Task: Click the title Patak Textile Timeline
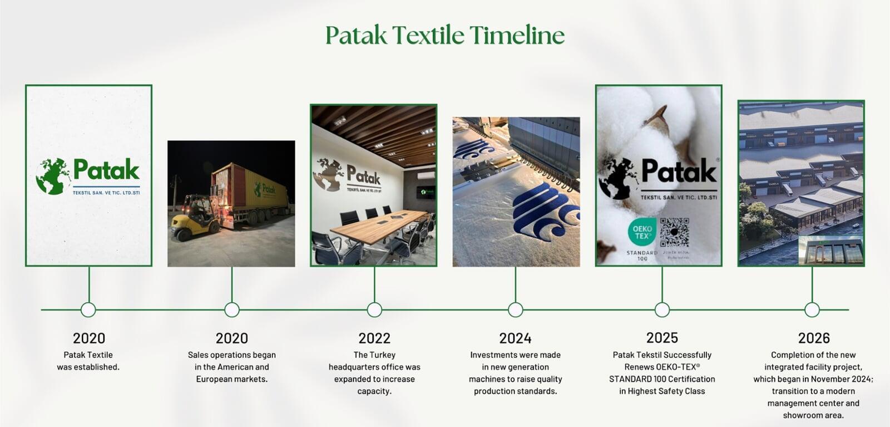click(444, 35)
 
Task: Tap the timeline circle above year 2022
click(374, 310)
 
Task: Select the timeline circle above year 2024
click(516, 310)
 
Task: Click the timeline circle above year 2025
click(662, 310)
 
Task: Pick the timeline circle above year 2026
click(812, 310)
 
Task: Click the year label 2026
click(813, 338)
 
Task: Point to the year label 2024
click(515, 338)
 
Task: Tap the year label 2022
click(374, 338)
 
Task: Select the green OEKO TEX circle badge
click(642, 233)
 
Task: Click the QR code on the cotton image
click(674, 233)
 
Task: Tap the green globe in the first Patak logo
click(53, 176)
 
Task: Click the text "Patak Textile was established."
click(88, 361)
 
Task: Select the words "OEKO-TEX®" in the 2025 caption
click(678, 367)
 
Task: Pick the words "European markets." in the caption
click(231, 379)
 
